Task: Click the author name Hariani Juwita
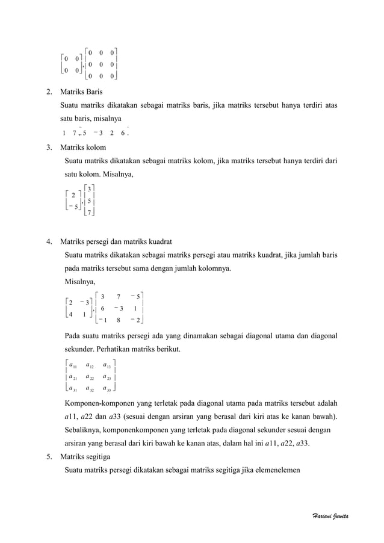coord(334,517)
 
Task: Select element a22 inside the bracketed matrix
coord(90,377)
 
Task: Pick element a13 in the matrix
coord(107,365)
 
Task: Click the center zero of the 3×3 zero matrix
coord(101,64)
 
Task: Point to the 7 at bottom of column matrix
coord(89,213)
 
